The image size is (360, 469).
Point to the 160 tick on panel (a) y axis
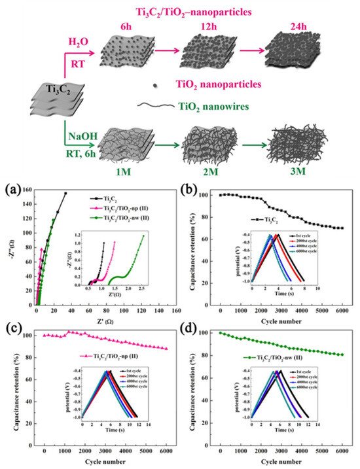26,191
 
